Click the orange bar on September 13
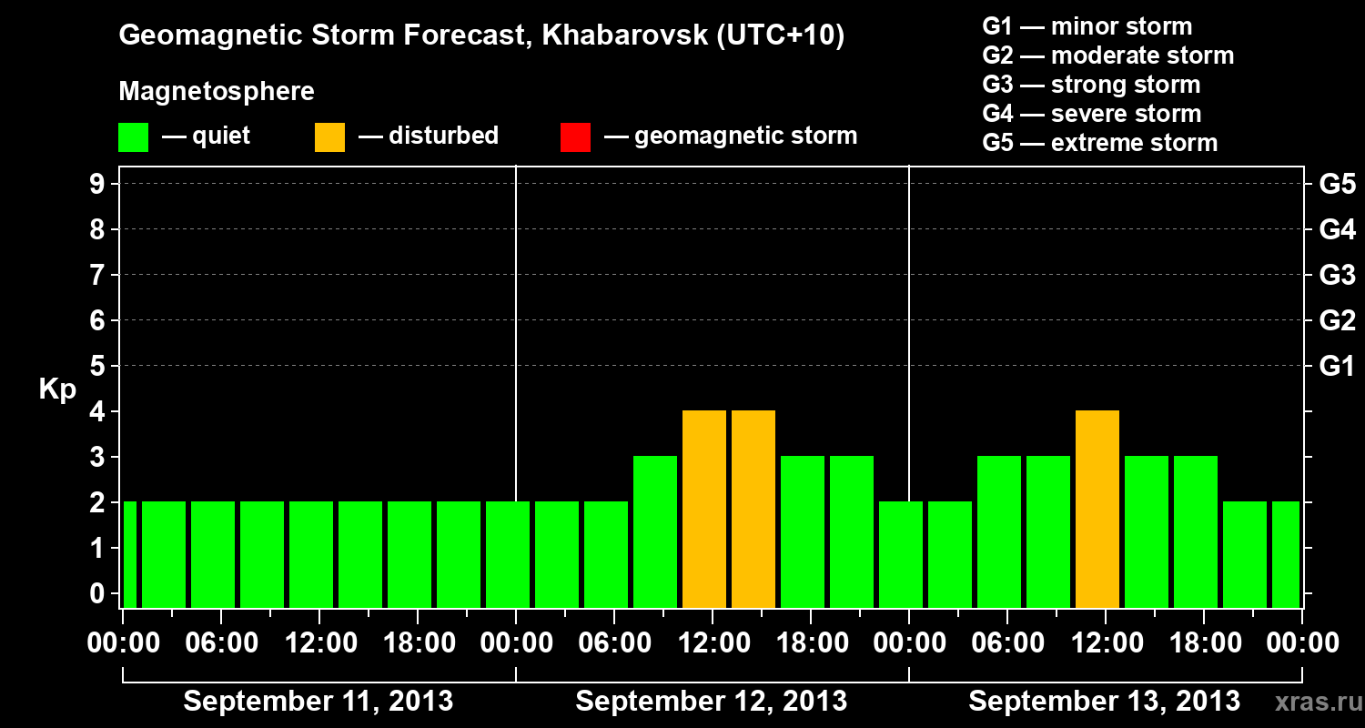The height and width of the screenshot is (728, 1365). [1097, 510]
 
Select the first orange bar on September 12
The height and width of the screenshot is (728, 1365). [704, 510]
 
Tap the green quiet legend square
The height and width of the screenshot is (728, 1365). [133, 137]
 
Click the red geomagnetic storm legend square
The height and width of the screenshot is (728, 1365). [575, 137]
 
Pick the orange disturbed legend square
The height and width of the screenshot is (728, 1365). [329, 137]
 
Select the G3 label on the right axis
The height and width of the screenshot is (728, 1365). [1337, 276]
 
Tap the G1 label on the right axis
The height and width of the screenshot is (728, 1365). [1337, 367]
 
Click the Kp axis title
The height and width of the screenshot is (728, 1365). [57, 390]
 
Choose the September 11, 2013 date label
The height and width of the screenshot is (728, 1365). [318, 702]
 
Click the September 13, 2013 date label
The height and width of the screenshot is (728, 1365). [1104, 702]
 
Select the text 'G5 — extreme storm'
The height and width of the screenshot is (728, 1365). [1100, 143]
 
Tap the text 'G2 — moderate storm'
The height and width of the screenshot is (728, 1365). [1108, 56]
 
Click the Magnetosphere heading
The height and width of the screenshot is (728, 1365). [217, 92]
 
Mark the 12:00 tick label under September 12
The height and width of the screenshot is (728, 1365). [712, 643]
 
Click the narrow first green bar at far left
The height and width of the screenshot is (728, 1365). [129, 555]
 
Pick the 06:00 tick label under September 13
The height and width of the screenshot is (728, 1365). [1007, 643]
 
